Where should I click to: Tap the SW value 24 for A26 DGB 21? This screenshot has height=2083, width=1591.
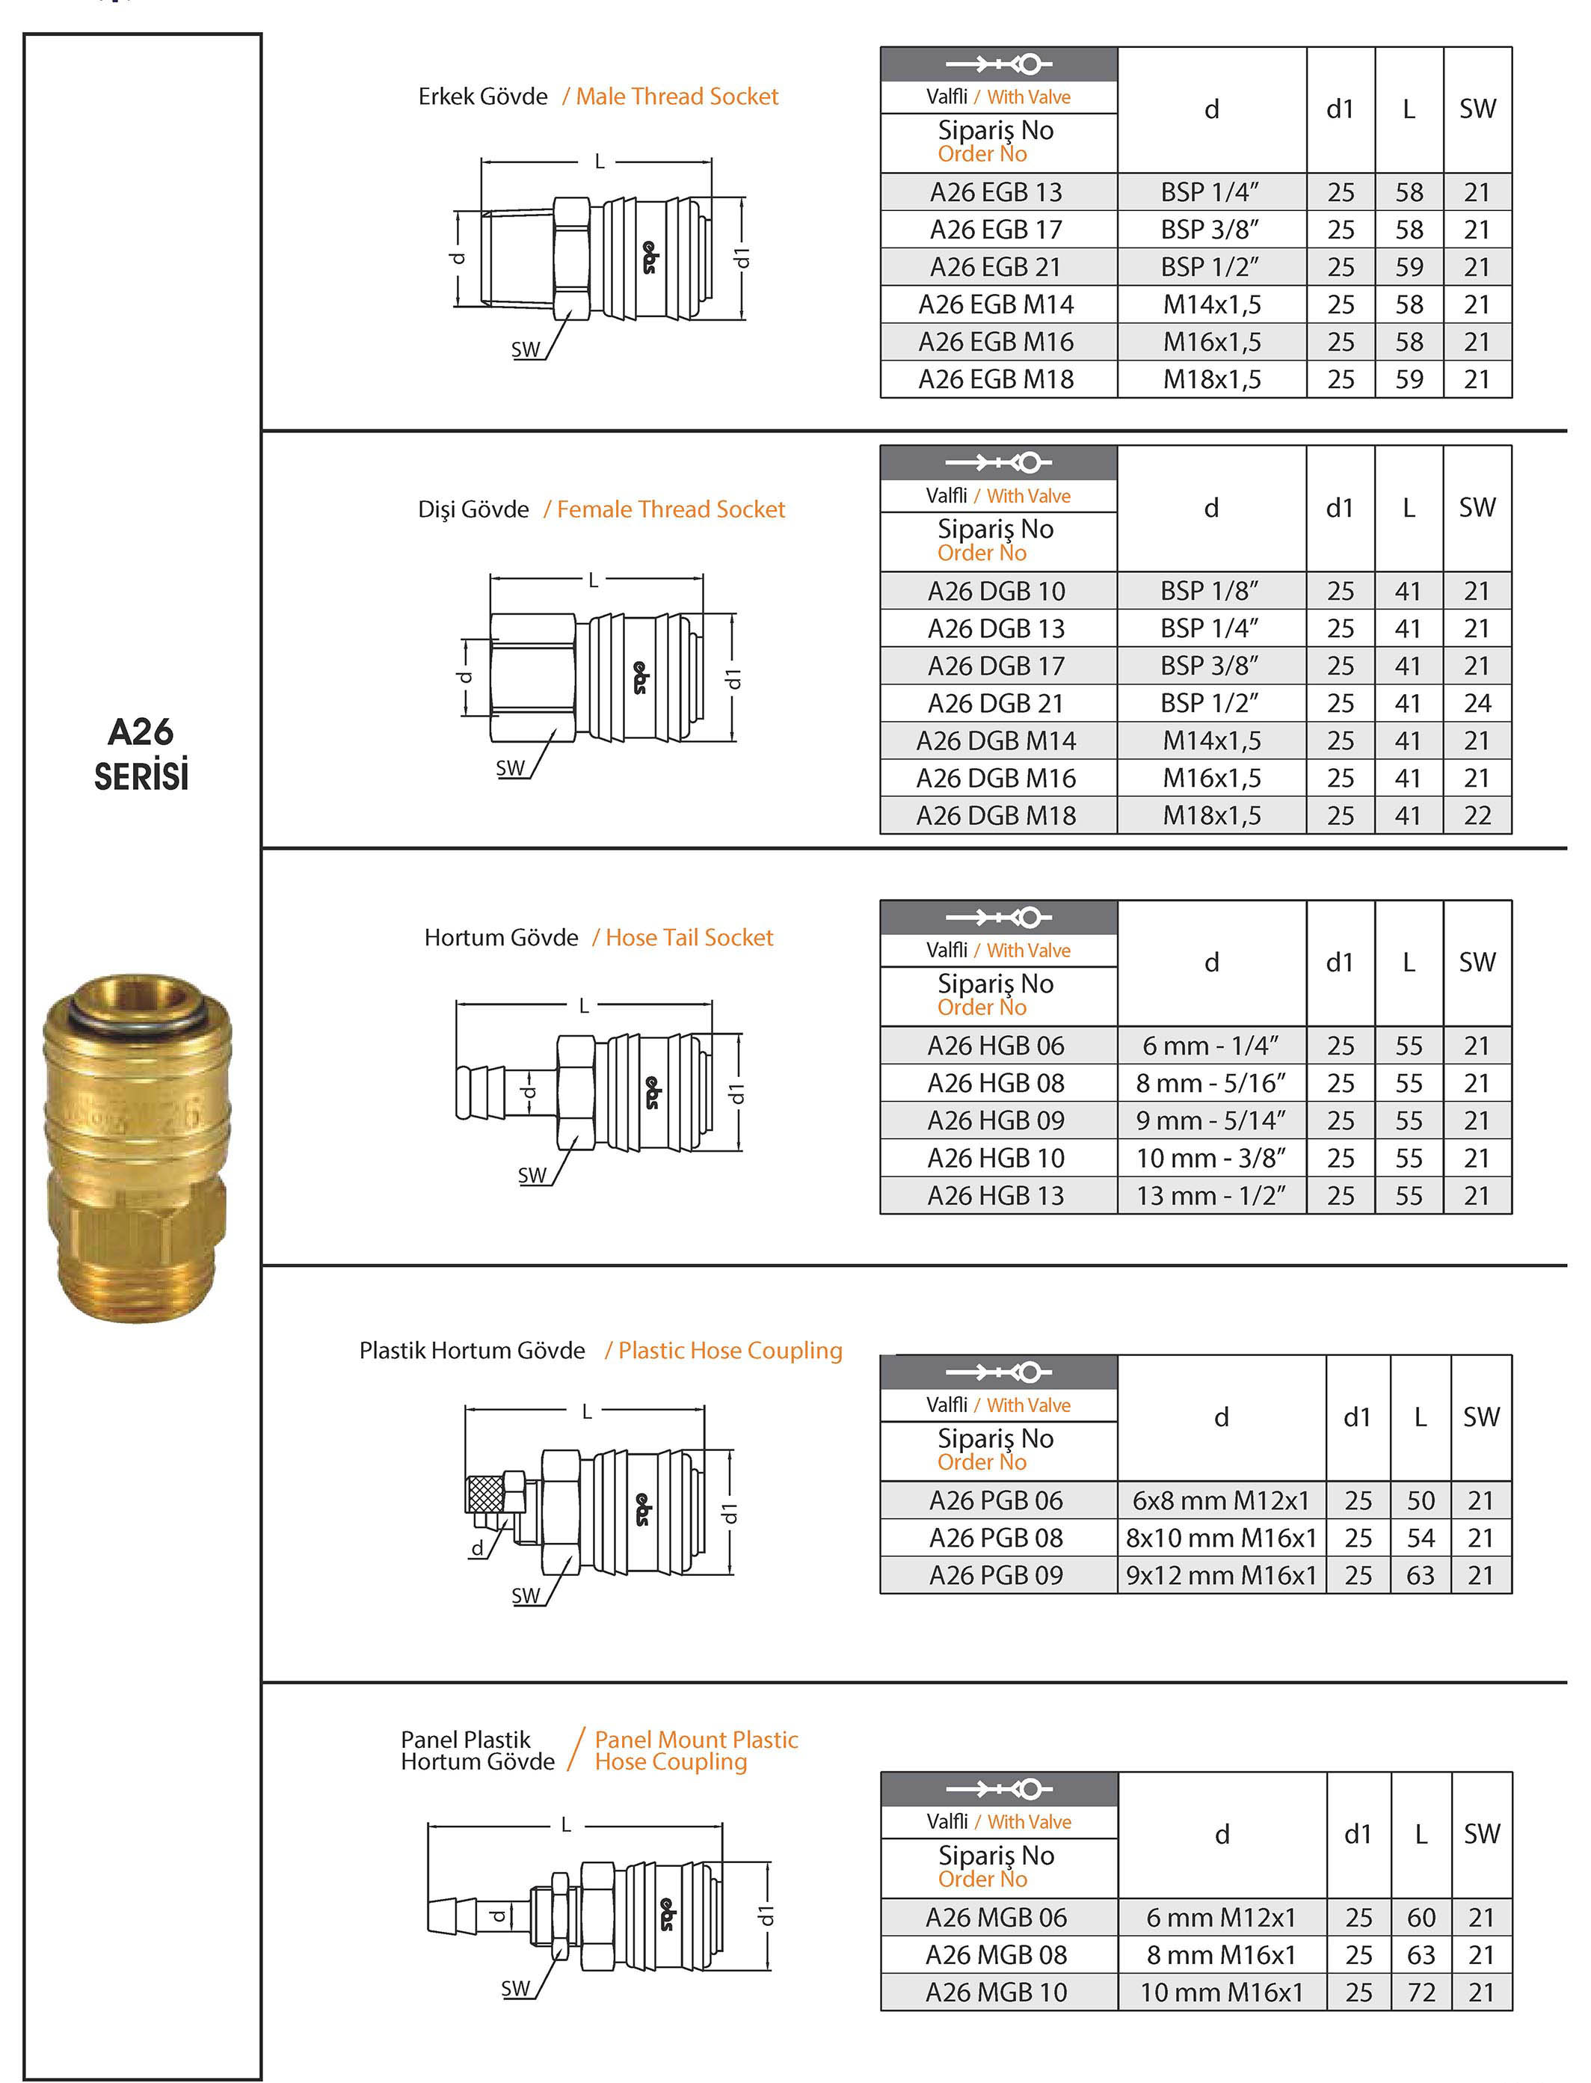pyautogui.click(x=1477, y=703)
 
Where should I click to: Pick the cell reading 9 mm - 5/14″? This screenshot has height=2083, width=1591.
pyautogui.click(x=1210, y=1120)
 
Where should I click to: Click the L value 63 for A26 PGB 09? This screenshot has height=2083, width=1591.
pyautogui.click(x=1420, y=1574)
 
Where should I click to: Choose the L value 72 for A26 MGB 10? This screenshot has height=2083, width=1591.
pyautogui.click(x=1421, y=1992)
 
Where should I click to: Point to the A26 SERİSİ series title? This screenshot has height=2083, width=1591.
pyautogui.click(x=141, y=754)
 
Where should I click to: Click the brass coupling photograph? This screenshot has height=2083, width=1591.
pyautogui.click(x=138, y=1147)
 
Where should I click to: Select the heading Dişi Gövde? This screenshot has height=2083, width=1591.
pyautogui.click(x=473, y=509)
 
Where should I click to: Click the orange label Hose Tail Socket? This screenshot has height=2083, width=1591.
pyautogui.click(x=689, y=938)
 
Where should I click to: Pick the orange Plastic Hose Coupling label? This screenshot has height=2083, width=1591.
pyautogui.click(x=729, y=1351)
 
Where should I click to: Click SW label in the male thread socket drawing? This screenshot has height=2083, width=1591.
pyautogui.click(x=526, y=349)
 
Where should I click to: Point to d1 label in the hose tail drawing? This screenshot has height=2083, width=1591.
pyautogui.click(x=736, y=1093)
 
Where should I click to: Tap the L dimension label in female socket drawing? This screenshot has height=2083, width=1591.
pyautogui.click(x=594, y=580)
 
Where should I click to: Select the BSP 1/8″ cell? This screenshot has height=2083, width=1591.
pyautogui.click(x=1210, y=591)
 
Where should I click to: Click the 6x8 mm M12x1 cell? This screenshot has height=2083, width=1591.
pyautogui.click(x=1221, y=1500)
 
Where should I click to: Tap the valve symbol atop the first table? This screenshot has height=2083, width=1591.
pyautogui.click(x=998, y=64)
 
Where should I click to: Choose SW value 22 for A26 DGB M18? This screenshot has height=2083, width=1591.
pyautogui.click(x=1477, y=815)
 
